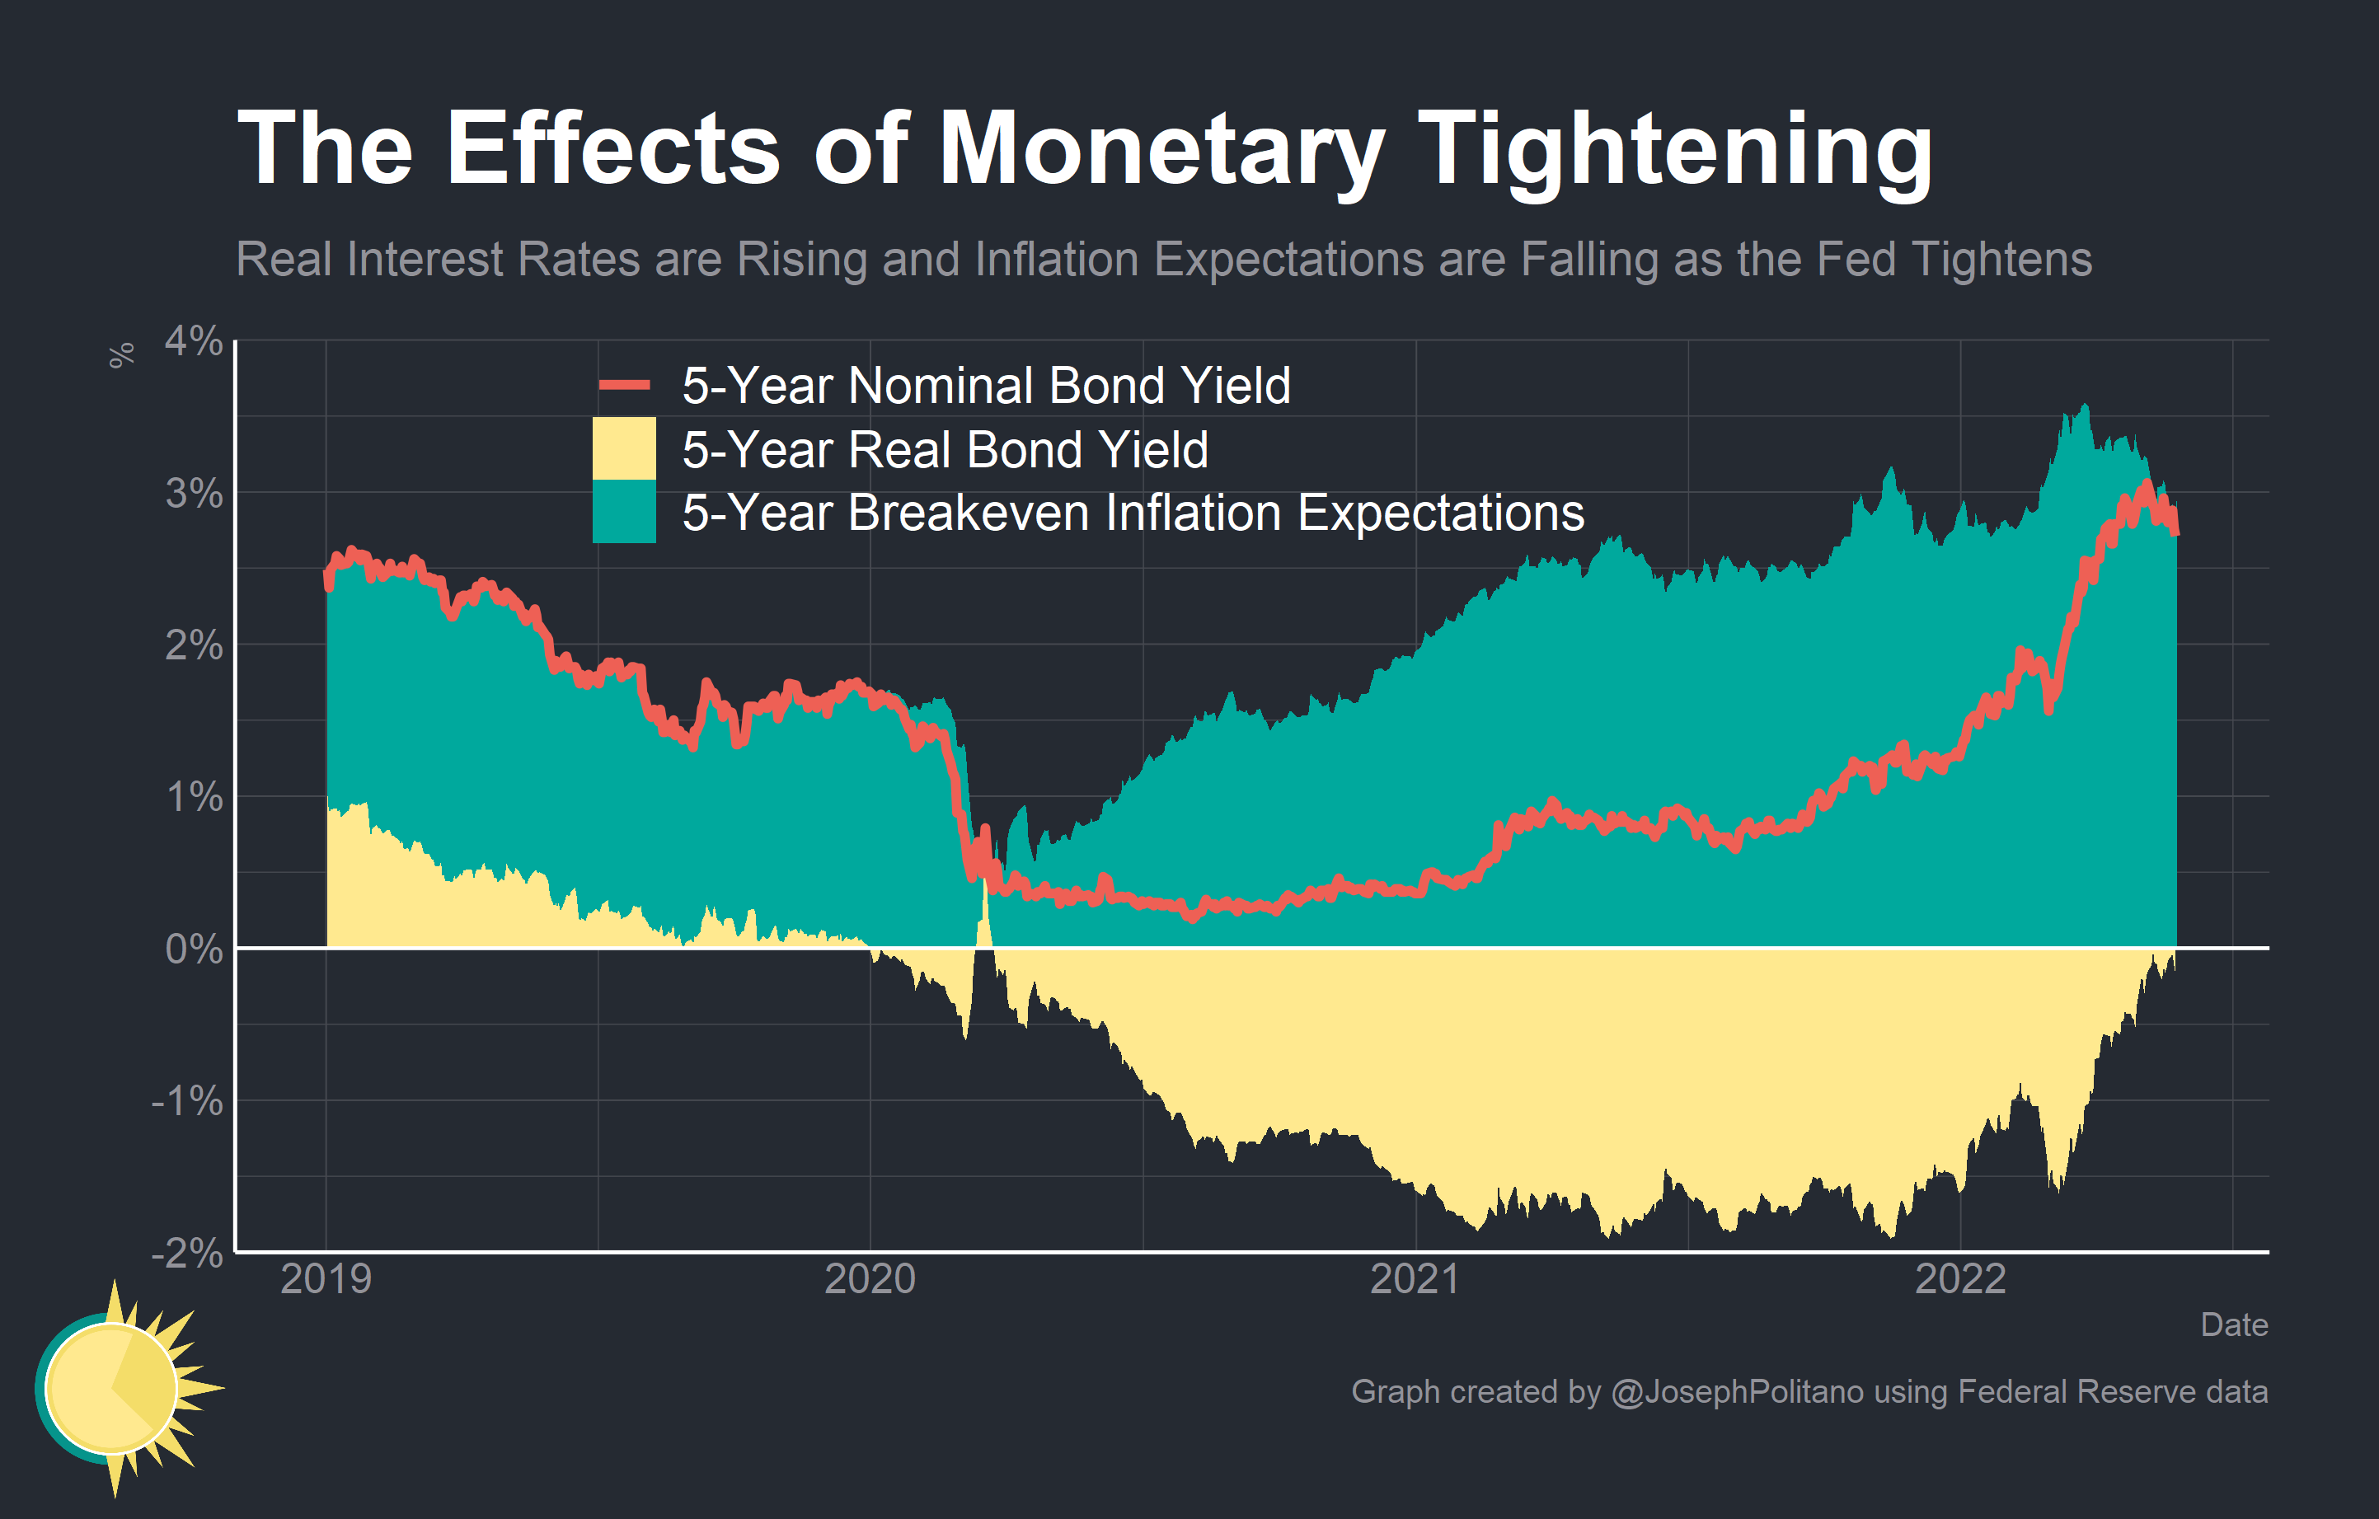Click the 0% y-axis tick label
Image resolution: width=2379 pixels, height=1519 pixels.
tap(194, 949)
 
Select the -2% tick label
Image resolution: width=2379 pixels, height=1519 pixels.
tap(188, 1254)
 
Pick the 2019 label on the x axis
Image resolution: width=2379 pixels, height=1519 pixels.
tap(326, 1279)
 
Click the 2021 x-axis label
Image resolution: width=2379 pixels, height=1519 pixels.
tap(1415, 1279)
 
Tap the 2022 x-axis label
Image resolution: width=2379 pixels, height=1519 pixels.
tap(1960, 1279)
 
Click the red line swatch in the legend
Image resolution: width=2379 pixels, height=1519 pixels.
tap(624, 385)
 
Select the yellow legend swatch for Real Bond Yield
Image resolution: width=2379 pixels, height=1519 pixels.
tap(624, 448)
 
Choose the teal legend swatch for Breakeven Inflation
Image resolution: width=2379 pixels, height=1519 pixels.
tap(624, 512)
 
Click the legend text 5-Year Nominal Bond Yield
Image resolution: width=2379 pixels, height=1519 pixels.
tap(986, 385)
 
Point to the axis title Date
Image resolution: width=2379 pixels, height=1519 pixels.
tap(2234, 1324)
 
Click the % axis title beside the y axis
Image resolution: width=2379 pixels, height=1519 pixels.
tap(121, 355)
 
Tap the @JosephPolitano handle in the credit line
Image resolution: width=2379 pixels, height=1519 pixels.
tap(1737, 1391)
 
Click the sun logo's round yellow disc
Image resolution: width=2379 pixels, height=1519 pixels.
tap(110, 1388)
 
